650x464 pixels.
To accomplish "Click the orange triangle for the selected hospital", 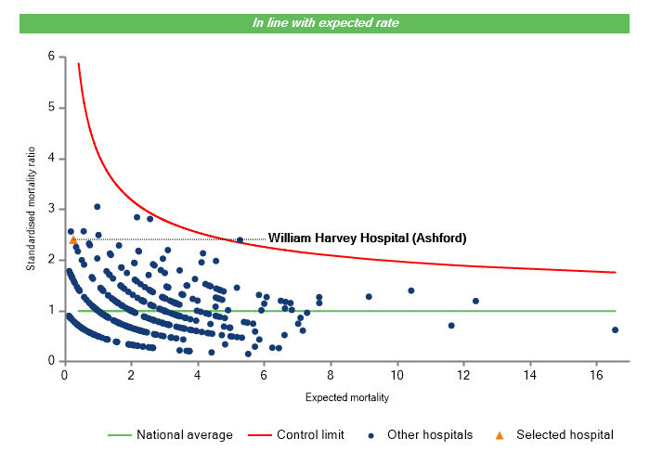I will (72, 240).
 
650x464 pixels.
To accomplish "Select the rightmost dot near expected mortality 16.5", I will (615, 329).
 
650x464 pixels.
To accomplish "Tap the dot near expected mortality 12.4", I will (475, 301).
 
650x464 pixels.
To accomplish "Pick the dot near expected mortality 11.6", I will (451, 326).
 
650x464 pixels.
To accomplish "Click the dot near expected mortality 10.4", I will (410, 290).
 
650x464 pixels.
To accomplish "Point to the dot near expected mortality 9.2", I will (369, 297).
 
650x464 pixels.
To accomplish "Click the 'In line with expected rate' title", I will (325, 22).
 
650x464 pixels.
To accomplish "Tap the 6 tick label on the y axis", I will (51, 57).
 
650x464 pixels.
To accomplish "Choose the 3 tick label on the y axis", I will (51, 209).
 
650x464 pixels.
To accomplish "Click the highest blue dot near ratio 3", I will (97, 206).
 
